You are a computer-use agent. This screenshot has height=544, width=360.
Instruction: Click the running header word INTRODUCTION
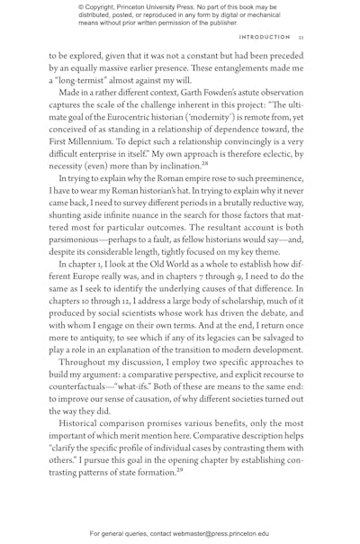[265, 37]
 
